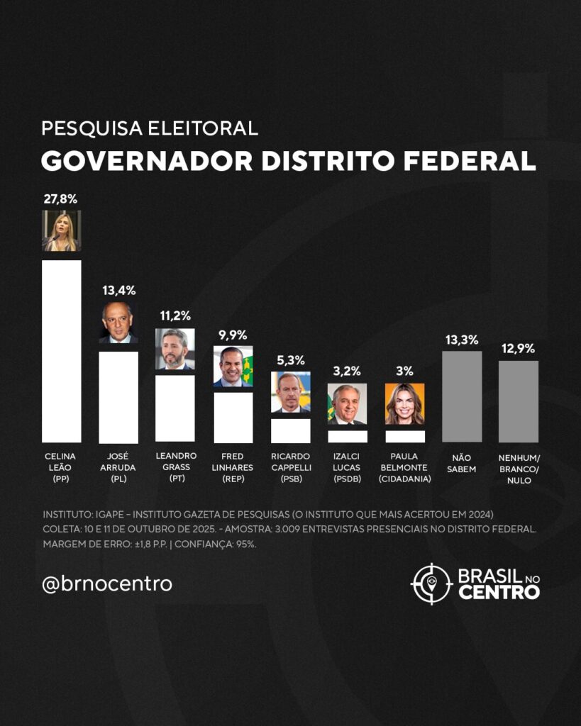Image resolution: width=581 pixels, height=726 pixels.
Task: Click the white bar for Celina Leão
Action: (61, 351)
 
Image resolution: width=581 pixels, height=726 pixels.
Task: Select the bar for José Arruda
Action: (118, 397)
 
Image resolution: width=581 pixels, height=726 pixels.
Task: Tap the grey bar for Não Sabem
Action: (462, 396)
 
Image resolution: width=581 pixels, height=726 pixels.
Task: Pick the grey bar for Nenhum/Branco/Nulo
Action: (518, 401)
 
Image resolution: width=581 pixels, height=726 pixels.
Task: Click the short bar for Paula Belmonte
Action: (405, 436)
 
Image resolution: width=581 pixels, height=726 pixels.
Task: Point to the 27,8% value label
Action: (61, 199)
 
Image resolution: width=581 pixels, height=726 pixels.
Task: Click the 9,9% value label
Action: (233, 335)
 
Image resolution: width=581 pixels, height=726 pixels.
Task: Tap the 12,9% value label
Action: (518, 349)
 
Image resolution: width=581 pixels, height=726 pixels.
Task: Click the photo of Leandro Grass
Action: (175, 349)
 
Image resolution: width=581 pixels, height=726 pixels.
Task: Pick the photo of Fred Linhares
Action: (233, 367)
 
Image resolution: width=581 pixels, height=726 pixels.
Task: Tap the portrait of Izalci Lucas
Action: (347, 404)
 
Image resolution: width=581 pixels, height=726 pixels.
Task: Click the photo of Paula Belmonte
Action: (405, 404)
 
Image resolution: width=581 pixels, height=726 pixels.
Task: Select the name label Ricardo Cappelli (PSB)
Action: (290, 468)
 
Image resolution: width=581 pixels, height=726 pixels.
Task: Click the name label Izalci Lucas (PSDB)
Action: (347, 468)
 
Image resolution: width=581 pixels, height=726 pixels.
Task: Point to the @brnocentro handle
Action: (107, 584)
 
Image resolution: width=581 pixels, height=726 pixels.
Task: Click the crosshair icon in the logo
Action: (431, 583)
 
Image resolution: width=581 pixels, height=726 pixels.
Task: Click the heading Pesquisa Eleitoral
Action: (149, 128)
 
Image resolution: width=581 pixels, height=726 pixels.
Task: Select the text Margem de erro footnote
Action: (149, 544)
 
